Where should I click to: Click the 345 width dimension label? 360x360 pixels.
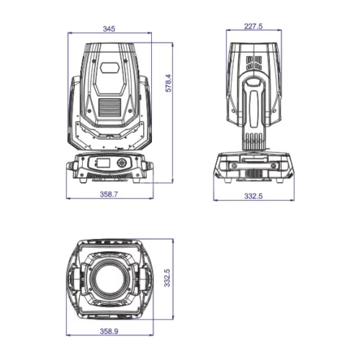(x=109, y=29)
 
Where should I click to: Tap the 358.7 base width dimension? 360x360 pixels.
(x=109, y=194)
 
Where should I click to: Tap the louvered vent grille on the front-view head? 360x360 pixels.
(x=109, y=107)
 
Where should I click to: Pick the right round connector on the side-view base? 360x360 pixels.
(x=274, y=167)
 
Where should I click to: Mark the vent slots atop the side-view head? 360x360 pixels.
(x=253, y=60)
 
